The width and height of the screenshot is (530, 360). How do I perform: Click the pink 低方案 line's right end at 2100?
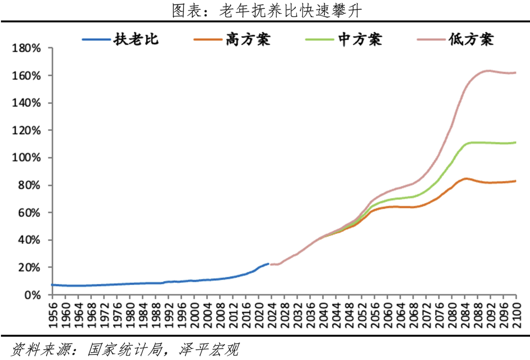[x=516, y=73]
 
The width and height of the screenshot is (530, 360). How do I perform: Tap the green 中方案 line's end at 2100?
[x=516, y=142]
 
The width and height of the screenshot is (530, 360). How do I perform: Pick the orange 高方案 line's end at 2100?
[x=516, y=181]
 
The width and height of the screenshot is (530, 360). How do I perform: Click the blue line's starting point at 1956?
[x=52, y=285]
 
